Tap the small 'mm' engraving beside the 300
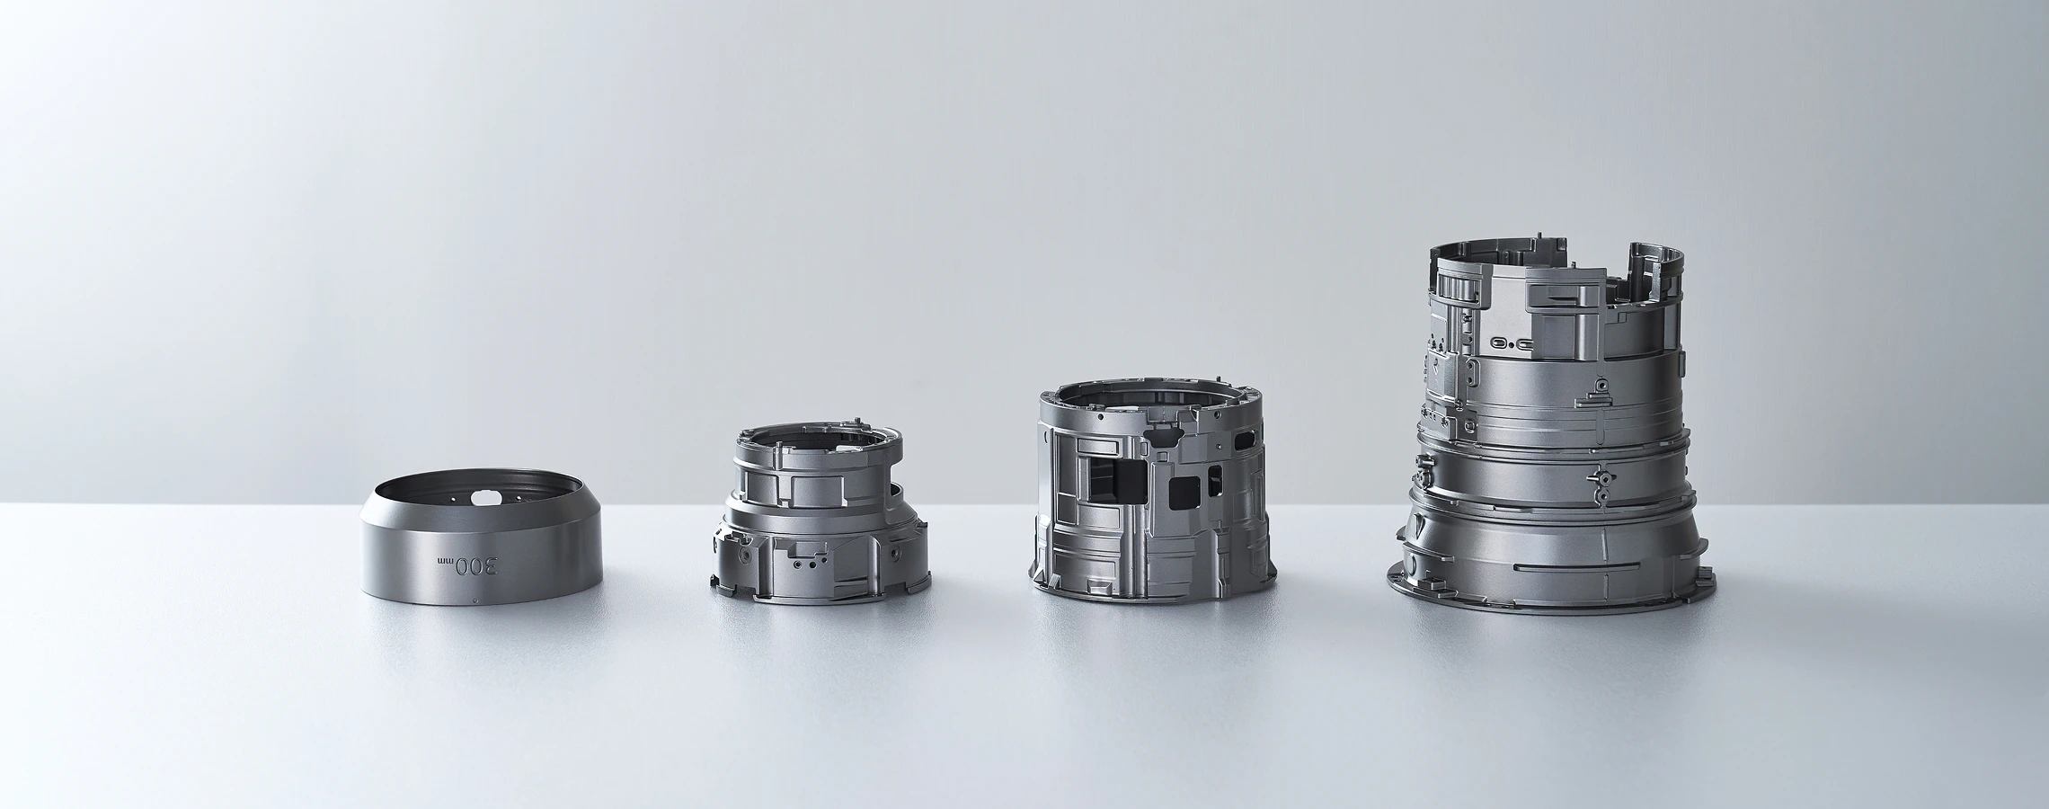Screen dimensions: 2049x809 click(x=445, y=561)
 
